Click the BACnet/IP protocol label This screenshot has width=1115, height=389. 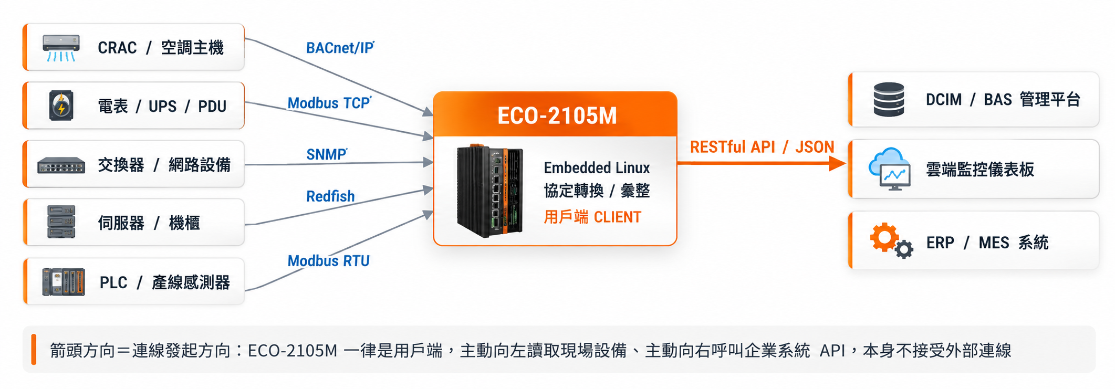click(x=340, y=48)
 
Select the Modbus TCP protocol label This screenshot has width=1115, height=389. click(x=329, y=103)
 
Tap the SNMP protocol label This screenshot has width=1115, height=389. click(x=327, y=154)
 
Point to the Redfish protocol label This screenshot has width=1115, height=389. click(x=330, y=196)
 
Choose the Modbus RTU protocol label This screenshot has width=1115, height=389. click(x=328, y=260)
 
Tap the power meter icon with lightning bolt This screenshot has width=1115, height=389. click(x=61, y=106)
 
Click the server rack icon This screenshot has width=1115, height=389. click(x=61, y=222)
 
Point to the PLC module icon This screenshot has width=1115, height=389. click(x=63, y=282)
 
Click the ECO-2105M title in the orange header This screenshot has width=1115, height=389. click(x=557, y=116)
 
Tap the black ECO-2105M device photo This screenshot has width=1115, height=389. click(x=490, y=191)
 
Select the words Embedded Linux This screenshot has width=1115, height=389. click(x=597, y=168)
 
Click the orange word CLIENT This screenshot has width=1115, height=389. click(x=618, y=217)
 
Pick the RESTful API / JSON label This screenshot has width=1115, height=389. click(x=762, y=147)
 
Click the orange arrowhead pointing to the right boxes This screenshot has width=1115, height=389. click(x=837, y=163)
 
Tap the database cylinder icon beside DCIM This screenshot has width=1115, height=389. click(x=889, y=99)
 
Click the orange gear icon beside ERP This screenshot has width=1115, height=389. click(x=884, y=237)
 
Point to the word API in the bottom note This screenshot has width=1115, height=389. click(x=832, y=351)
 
